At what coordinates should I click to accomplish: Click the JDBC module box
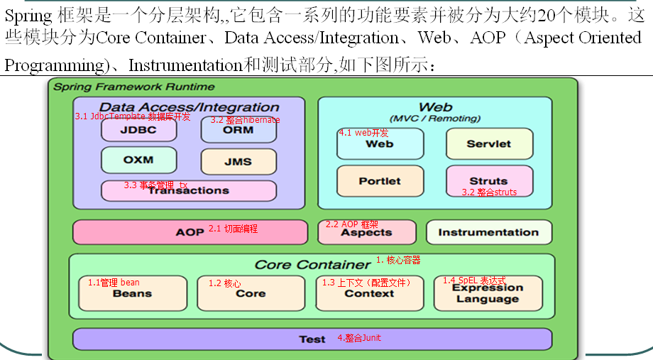138,130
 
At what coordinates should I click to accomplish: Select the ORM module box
238,130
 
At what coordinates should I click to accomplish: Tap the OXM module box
138,160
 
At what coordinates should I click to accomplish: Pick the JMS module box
238,161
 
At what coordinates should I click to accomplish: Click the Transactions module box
188,190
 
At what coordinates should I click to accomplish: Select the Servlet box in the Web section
488,143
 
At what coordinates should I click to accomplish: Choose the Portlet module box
380,180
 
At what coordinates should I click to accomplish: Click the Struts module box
488,180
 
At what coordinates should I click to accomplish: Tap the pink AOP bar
190,232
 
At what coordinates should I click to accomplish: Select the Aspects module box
366,232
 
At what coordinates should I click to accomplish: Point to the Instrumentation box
488,232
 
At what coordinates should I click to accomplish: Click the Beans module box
132,293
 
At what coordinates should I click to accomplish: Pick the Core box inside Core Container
251,293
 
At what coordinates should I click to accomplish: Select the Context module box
369,293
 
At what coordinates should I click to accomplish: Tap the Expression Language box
488,293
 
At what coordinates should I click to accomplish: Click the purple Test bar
312,339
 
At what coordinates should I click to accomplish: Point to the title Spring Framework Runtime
134,87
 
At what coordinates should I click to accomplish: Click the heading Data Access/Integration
189,107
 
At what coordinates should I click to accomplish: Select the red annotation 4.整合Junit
359,338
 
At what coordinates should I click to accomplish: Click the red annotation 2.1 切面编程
233,229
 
